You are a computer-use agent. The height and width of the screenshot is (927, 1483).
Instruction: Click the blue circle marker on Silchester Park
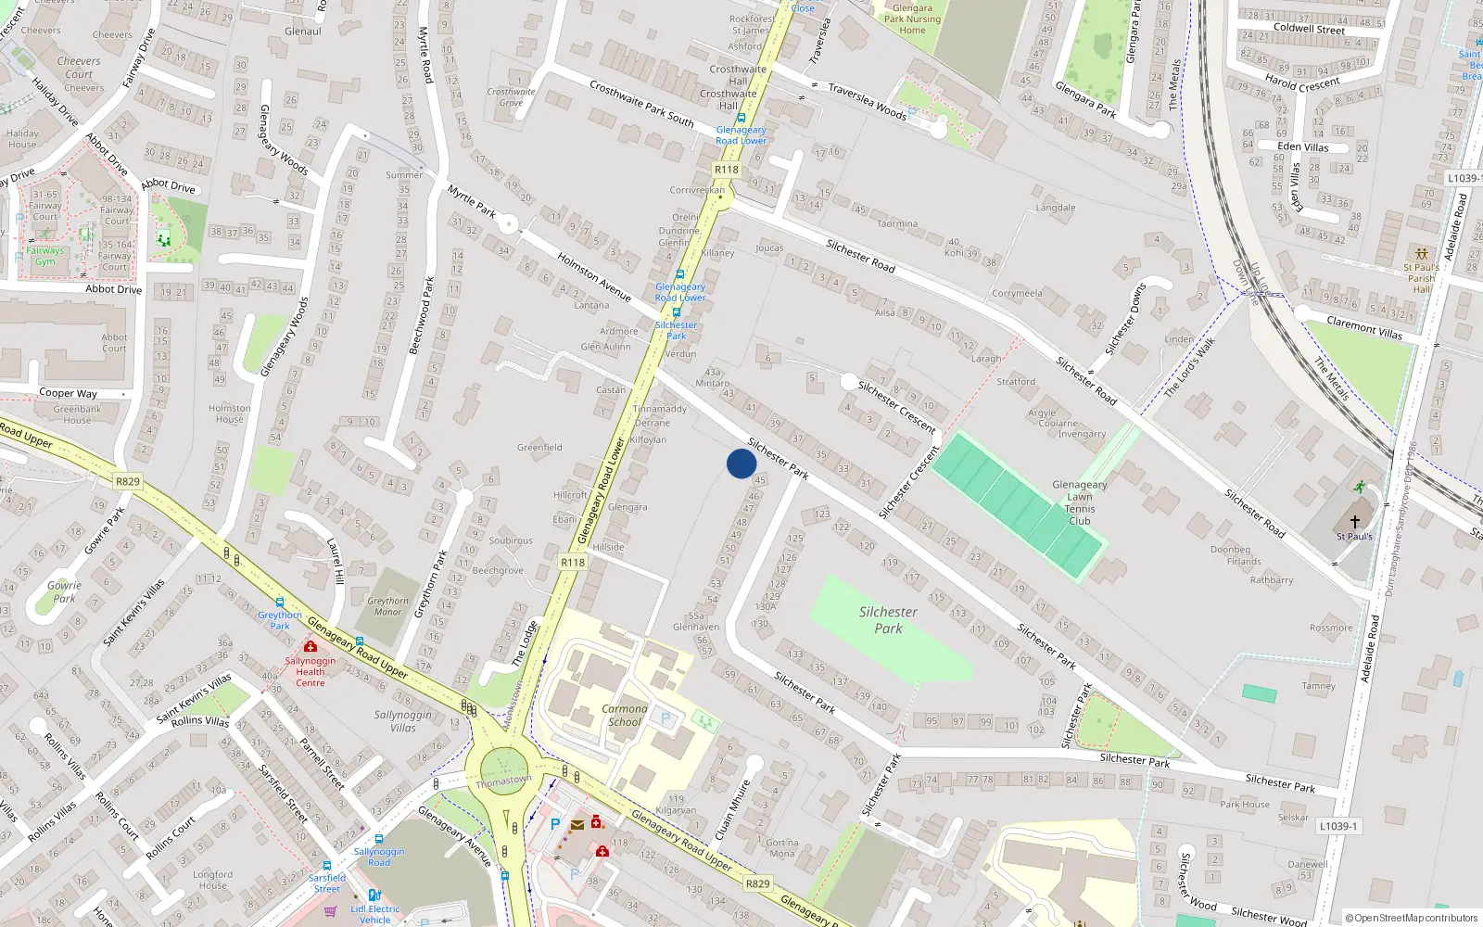point(741,463)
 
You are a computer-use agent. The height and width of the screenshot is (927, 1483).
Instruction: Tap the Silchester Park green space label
point(888,620)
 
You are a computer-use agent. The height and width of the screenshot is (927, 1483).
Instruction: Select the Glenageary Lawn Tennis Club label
point(1080,502)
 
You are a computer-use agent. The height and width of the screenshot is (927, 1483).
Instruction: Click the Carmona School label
point(625,715)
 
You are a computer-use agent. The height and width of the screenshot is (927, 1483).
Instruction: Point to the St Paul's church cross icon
point(1355,522)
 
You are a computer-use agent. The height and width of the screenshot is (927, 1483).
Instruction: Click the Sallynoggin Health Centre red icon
point(311,646)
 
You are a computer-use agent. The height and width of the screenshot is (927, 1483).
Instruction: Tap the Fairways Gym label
point(44,256)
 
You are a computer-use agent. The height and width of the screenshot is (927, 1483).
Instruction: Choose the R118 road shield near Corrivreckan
point(727,170)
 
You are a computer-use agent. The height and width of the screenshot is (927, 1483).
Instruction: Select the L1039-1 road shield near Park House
point(1338,826)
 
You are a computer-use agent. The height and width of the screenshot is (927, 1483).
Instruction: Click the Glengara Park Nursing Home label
point(912,19)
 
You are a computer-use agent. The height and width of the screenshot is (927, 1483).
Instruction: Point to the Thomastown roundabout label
point(503,781)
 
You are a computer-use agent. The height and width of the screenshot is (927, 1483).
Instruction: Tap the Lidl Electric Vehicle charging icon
point(374,895)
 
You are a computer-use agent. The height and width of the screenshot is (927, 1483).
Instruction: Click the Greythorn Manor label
point(387,606)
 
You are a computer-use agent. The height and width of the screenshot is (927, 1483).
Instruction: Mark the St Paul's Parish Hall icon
point(1421,253)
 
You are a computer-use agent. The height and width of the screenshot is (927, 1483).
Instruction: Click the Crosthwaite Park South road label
point(641,103)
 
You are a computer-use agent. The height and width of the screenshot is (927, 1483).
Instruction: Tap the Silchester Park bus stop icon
point(677,312)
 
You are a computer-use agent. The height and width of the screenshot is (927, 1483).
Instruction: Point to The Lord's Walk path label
point(1189,368)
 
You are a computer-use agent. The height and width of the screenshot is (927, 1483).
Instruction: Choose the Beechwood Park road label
point(422,315)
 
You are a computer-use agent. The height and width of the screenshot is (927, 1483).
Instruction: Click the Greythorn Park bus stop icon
point(280,603)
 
